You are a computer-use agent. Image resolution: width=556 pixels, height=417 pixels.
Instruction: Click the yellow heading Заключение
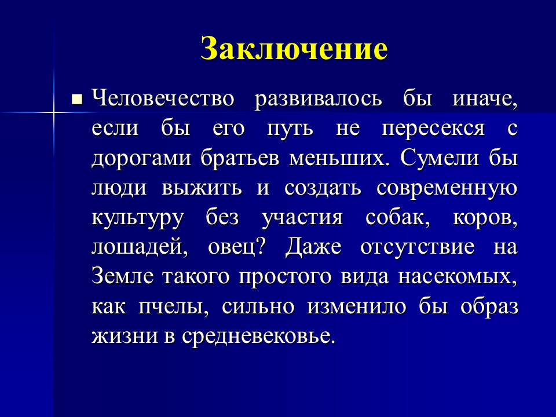294,49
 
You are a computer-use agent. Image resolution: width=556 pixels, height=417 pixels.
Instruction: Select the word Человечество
163,98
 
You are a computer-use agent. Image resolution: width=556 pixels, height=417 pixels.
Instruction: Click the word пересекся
432,128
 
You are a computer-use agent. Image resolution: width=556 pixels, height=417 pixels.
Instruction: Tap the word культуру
137,218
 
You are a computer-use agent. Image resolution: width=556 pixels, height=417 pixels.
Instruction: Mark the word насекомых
457,277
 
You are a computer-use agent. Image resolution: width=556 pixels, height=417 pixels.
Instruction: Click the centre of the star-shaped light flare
53,109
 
